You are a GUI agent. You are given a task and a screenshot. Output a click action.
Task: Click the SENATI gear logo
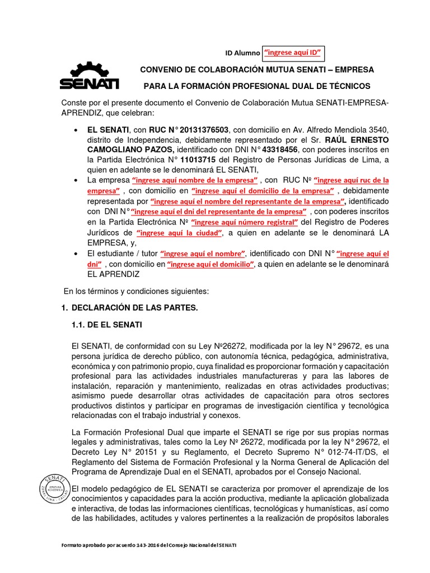pos(90,77)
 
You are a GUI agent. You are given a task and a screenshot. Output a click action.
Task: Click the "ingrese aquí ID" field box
pos(293,53)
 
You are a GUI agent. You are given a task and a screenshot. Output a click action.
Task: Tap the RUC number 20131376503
pos(194,130)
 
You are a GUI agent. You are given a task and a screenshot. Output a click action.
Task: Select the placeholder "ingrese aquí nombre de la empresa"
pos(194,180)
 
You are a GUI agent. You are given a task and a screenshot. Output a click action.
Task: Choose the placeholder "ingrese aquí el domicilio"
pos(210,264)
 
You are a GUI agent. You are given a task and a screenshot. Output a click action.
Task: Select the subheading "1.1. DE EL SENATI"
pos(107,325)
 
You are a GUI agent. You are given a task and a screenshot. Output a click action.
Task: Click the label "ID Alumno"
pos(242,54)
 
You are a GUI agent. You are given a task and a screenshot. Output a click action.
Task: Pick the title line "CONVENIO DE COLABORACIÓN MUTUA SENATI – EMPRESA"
pos(256,70)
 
